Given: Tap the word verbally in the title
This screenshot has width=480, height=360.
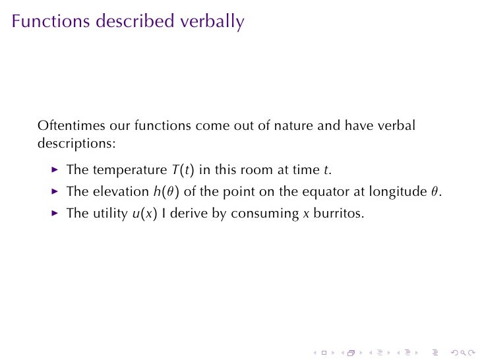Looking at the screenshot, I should (212, 21).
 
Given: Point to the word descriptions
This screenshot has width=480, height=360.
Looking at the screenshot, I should (76, 142).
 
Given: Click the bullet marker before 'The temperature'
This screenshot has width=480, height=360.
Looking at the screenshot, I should (55, 169).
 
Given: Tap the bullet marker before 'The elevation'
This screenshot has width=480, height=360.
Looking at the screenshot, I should (55, 192).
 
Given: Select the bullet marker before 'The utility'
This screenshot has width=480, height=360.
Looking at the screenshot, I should (55, 214).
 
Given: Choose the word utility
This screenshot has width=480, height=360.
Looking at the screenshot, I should (107, 214).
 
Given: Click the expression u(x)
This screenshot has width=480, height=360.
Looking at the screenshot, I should (138, 214).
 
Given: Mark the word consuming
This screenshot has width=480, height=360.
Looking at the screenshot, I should (267, 214).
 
